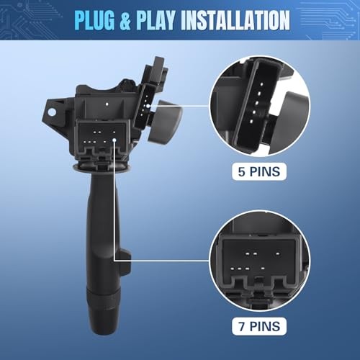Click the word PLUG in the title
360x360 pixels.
coord(94,20)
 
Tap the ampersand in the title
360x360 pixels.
coord(125,20)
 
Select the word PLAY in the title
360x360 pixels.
coord(156,20)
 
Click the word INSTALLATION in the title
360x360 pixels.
coord(235,20)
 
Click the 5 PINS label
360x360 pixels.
coord(259,171)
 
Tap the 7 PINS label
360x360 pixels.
coord(259,326)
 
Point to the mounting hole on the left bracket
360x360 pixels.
coord(52,112)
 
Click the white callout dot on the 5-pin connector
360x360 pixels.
coord(148,106)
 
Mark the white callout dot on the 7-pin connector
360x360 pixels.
coord(114,140)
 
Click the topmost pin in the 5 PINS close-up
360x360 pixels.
coord(261,84)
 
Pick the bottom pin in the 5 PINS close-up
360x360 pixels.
coord(251,122)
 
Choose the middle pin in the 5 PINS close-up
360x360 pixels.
coord(256,103)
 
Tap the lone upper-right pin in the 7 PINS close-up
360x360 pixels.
coord(278,253)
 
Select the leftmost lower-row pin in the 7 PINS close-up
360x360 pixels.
coord(232,269)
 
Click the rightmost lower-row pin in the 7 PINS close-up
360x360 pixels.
coord(263,269)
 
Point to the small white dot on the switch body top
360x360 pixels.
coord(107,104)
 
